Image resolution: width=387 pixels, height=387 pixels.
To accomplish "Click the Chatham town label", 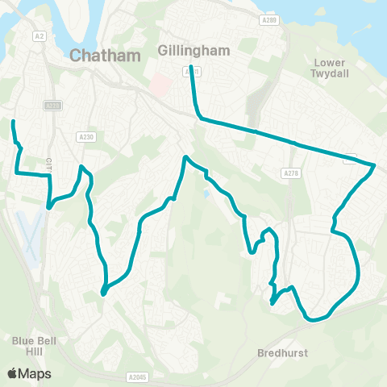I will point(106,56).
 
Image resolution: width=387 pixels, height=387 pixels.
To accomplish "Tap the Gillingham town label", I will point(195,50).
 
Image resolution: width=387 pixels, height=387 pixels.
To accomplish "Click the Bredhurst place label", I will point(283,353).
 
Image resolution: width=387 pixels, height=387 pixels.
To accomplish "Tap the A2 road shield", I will point(40,36).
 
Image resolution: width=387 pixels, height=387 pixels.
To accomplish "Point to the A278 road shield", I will point(291,173).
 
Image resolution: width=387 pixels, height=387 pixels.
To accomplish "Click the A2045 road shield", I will point(137,377).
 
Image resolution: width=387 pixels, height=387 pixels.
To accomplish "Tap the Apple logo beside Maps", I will point(12,373).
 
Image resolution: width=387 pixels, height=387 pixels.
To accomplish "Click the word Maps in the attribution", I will point(35,373).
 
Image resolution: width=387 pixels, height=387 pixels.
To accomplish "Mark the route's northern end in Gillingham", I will point(191,66).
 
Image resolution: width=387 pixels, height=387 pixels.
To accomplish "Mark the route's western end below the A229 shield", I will point(13,122).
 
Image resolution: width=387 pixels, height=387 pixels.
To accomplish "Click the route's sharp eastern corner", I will point(375,165).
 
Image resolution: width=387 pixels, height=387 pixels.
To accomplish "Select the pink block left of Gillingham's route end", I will point(161,84).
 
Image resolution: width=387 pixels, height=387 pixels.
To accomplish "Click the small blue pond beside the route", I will point(208,193).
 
